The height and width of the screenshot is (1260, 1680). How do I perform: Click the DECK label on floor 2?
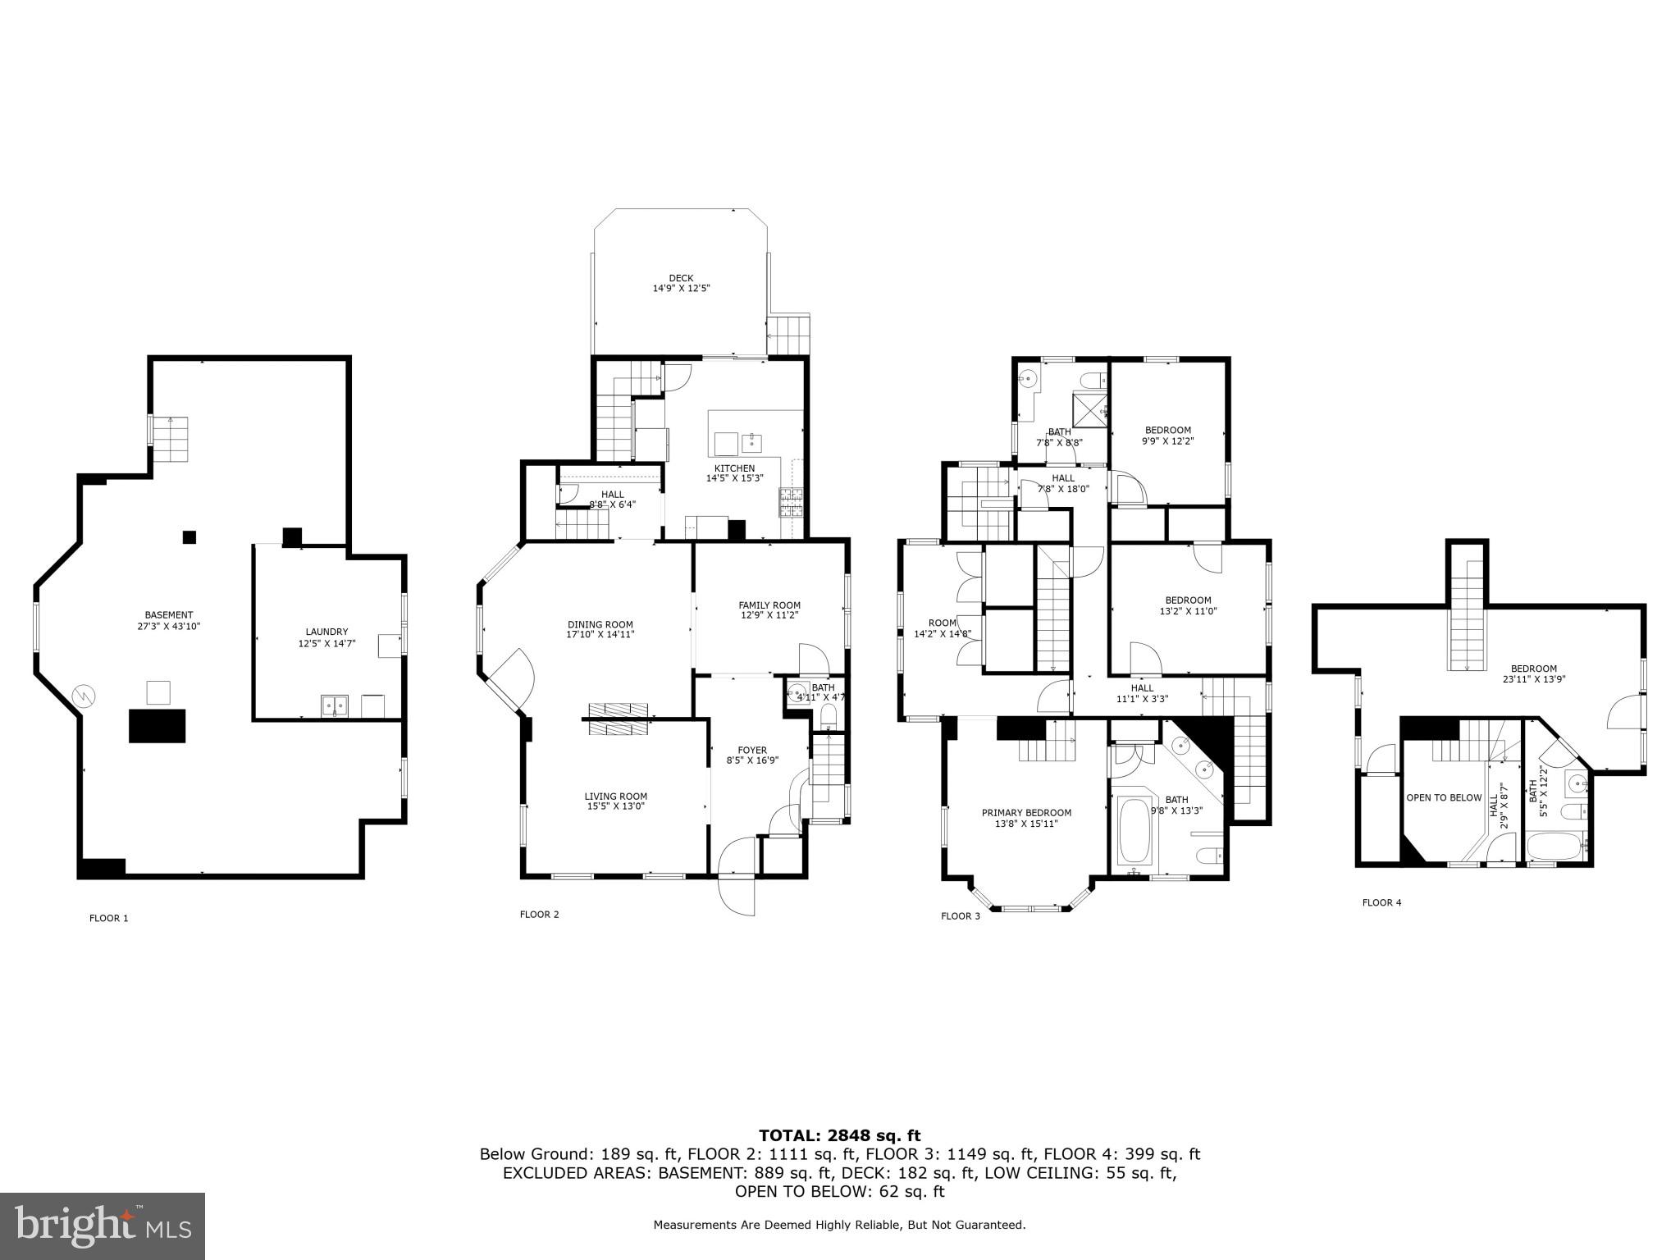coord(680,278)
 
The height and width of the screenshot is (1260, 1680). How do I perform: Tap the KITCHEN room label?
coord(734,468)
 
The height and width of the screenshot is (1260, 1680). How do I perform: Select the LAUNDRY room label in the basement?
coord(326,632)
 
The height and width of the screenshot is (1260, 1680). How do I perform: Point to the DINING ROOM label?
coord(600,624)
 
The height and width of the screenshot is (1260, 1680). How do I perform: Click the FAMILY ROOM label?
coord(769,605)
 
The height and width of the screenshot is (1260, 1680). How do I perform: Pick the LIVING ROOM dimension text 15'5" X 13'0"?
coord(615,806)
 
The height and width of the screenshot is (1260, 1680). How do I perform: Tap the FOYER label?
coord(751,750)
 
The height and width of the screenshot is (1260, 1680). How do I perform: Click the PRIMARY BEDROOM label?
coord(1026,813)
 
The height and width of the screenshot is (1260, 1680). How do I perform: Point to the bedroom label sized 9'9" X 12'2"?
coord(1167,430)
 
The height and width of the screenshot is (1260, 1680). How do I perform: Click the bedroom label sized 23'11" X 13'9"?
coord(1533,669)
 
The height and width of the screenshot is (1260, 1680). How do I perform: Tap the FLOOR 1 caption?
coord(108,918)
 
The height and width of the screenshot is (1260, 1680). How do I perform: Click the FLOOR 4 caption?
coord(1381,902)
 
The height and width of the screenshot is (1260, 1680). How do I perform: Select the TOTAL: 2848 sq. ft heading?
coord(839,1135)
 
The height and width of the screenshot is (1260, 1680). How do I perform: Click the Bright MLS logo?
coord(103,1226)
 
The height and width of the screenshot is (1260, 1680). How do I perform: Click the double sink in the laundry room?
coord(335,705)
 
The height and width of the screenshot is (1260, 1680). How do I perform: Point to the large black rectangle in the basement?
coord(157,726)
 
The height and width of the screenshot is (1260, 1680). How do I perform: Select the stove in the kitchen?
coord(792,501)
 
